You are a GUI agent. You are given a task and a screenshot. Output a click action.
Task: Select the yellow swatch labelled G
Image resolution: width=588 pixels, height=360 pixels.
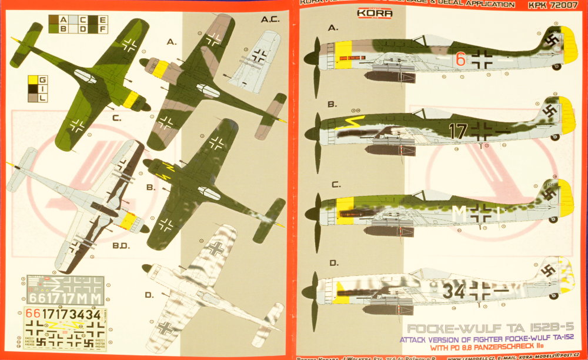point(35,80)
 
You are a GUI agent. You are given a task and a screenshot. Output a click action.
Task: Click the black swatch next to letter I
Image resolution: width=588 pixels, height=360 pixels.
point(35,89)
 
